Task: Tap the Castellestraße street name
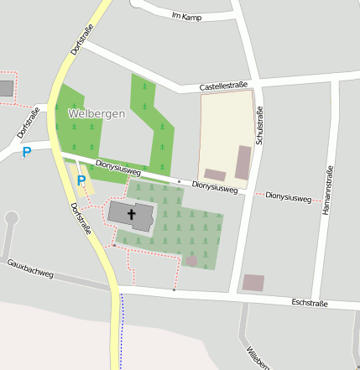click(223, 86)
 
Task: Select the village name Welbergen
click(97, 113)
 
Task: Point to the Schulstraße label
click(259, 128)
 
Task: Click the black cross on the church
click(131, 214)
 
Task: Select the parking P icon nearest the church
click(81, 180)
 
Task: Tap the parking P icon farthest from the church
click(26, 152)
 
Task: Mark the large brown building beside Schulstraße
click(243, 163)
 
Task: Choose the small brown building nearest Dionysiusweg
click(215, 175)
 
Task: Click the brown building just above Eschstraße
click(253, 283)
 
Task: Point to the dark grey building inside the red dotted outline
click(6, 88)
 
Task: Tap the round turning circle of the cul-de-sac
click(11, 218)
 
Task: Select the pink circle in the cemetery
click(191, 261)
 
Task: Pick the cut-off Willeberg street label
click(257, 357)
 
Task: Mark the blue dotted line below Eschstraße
click(121, 331)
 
